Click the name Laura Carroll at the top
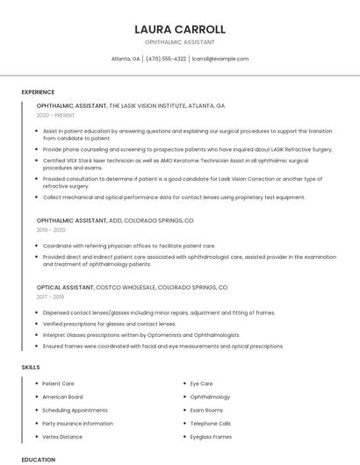(x=179, y=29)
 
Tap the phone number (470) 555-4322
(x=166, y=59)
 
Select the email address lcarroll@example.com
(x=220, y=59)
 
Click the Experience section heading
(x=38, y=92)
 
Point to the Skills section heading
(x=31, y=367)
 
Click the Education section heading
(x=38, y=459)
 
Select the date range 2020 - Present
(x=56, y=115)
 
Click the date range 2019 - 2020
(x=51, y=230)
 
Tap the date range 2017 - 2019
(x=51, y=297)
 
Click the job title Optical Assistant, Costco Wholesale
(x=132, y=287)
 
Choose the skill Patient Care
(x=58, y=383)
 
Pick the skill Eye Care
(x=201, y=383)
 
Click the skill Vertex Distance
(x=62, y=436)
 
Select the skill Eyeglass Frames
(x=211, y=436)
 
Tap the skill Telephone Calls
(x=210, y=423)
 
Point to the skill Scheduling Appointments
(x=75, y=410)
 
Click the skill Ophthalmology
(x=210, y=397)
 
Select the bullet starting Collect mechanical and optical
(x=174, y=197)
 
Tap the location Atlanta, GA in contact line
(x=126, y=59)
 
